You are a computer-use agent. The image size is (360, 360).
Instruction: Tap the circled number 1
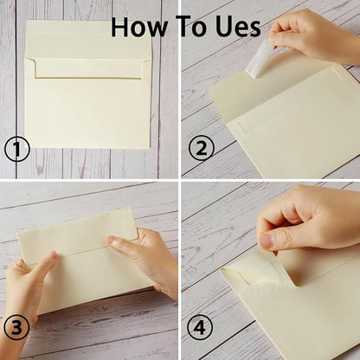[x=16, y=150]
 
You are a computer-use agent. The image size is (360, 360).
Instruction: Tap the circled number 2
[x=201, y=150]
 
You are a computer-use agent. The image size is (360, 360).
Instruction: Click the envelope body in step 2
[x=294, y=130]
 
